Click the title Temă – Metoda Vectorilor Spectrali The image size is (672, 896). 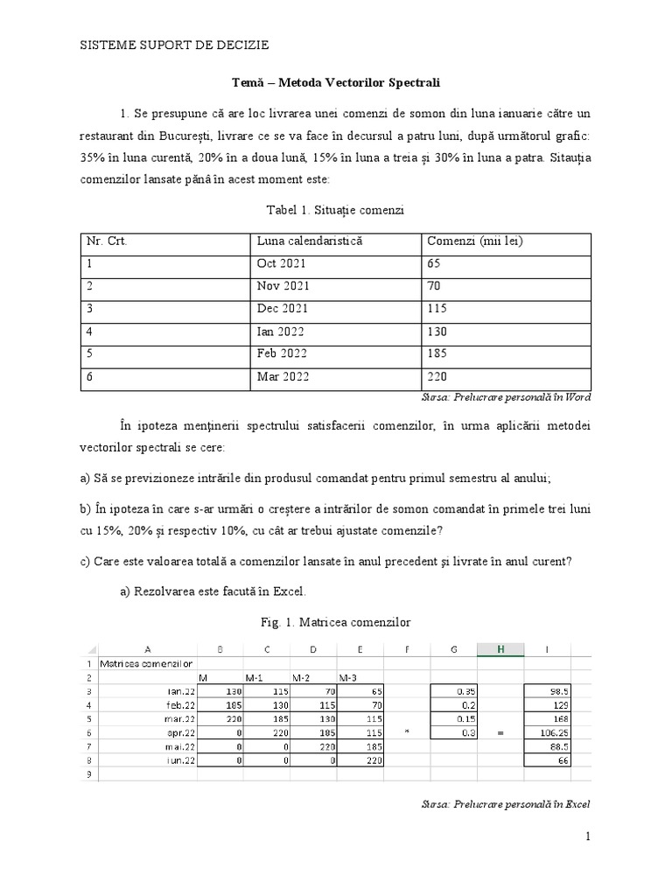(335, 82)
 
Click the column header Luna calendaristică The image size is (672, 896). (309, 241)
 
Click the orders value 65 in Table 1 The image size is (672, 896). (434, 263)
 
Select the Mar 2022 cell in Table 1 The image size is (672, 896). (283, 377)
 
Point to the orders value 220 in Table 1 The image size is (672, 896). (437, 377)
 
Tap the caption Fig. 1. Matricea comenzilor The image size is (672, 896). (335, 623)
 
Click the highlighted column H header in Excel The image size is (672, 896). (500, 648)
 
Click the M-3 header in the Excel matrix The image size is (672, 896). (346, 677)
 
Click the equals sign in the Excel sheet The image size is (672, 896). (500, 732)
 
